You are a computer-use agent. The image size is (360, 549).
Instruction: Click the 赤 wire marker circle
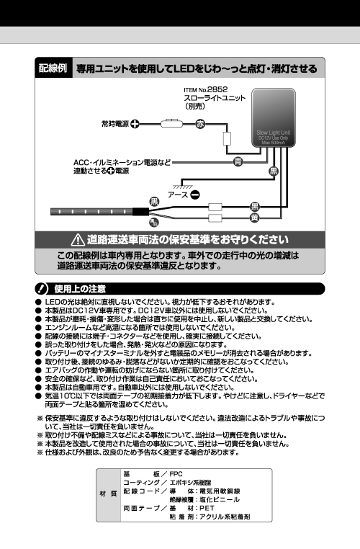pos(200,124)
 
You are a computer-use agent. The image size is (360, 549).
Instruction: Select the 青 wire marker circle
pos(238,162)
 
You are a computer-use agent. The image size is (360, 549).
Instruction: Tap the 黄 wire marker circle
pos(255,218)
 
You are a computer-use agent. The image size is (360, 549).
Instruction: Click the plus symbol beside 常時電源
pos(135,124)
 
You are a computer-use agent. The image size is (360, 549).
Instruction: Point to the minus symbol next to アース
pos(195,195)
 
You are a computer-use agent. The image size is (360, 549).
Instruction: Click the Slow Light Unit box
pos(274,117)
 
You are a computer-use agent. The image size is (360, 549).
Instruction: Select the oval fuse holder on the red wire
pos(172,124)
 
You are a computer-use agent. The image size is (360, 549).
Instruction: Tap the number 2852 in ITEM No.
pos(217,89)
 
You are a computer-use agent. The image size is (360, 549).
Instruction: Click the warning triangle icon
pos(78,240)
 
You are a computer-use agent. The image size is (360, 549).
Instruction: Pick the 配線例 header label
pos(53,68)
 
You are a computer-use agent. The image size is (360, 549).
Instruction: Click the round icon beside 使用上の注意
pos(41,289)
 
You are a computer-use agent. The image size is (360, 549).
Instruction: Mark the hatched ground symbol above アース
pos(183,186)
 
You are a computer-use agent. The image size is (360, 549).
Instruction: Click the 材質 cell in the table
pos(109,495)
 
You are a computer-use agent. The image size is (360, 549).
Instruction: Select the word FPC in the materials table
pos(176,474)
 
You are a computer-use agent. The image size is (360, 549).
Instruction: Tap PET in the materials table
pos(207,508)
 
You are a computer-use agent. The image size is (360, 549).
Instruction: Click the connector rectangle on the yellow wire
pos(215,218)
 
